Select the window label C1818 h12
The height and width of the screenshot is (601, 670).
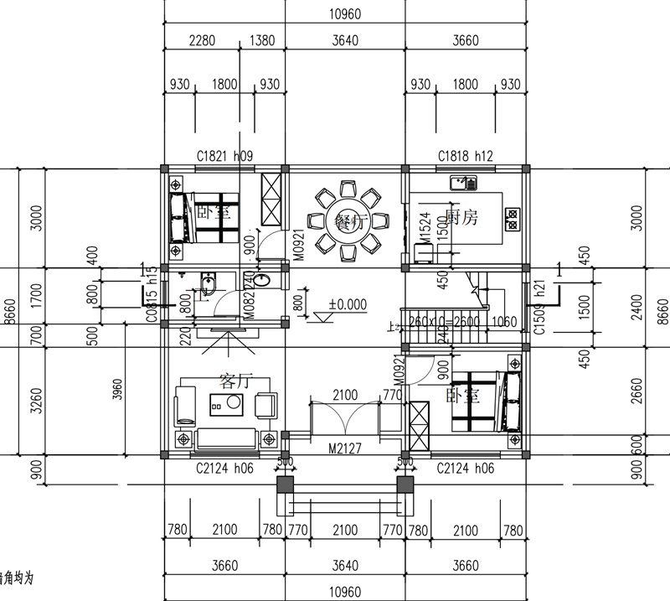tap(466, 156)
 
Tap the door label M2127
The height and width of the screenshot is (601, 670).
tap(345, 449)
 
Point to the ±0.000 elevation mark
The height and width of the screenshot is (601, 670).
tap(348, 305)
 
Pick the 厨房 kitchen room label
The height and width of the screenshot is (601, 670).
tap(461, 218)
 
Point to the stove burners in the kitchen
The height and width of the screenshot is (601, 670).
tap(510, 219)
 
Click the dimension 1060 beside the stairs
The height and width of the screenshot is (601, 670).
tap(505, 322)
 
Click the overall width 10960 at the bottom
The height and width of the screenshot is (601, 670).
tap(345, 593)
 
